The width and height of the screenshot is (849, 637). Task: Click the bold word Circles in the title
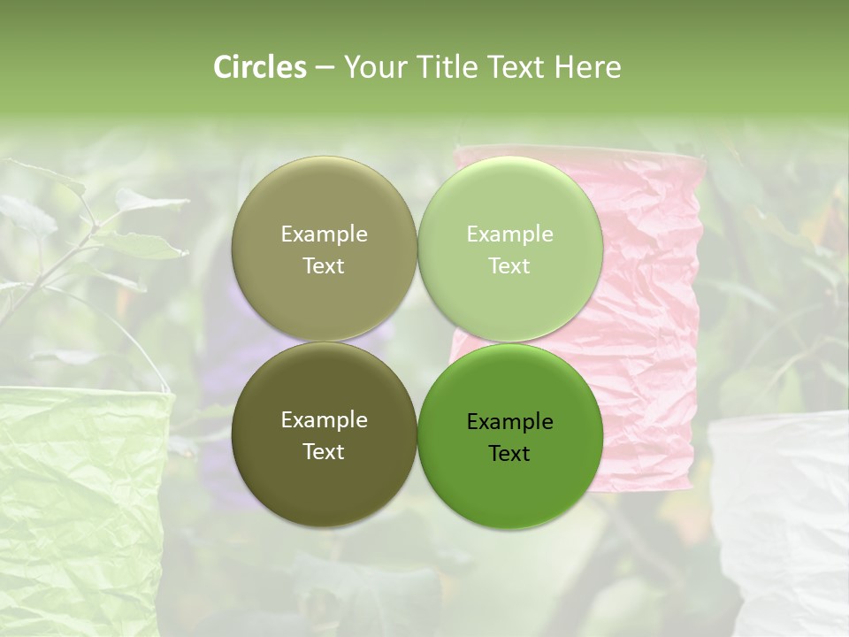click(259, 67)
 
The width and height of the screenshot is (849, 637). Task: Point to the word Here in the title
click(587, 67)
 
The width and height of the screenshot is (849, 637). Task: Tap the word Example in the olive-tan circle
click(324, 234)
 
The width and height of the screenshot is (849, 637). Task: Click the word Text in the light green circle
click(509, 266)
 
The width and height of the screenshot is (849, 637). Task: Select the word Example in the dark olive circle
click(324, 420)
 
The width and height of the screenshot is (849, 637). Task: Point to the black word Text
click(509, 454)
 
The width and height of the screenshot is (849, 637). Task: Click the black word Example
click(509, 422)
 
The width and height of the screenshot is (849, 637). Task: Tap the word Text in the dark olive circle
click(324, 452)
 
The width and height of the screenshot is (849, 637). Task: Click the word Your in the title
click(371, 67)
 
